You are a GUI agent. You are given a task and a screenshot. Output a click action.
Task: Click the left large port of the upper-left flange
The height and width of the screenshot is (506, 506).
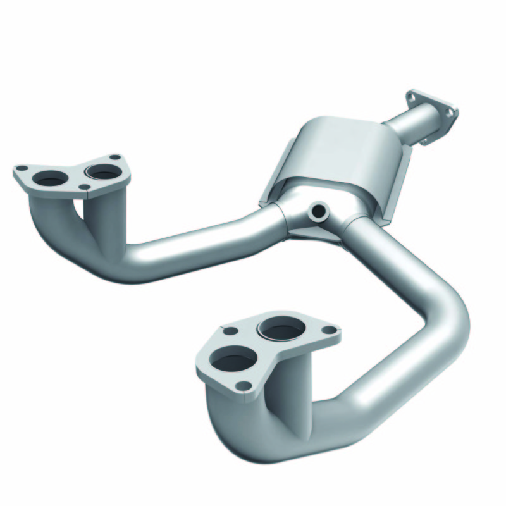(49, 180)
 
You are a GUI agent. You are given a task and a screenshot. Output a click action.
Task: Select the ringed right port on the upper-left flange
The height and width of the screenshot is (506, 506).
(103, 171)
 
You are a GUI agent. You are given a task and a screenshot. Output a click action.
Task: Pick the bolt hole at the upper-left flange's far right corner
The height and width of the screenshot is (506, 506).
(114, 157)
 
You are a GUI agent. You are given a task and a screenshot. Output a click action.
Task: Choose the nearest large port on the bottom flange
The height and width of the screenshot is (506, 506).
(235, 362)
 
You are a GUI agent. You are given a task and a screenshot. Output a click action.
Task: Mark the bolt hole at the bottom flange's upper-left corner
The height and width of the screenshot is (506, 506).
(231, 330)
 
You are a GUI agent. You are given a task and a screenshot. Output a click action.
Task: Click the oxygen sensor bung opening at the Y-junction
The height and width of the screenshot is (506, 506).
(319, 209)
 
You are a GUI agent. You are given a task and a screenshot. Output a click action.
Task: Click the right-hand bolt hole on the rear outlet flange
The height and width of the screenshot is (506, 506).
(450, 112)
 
